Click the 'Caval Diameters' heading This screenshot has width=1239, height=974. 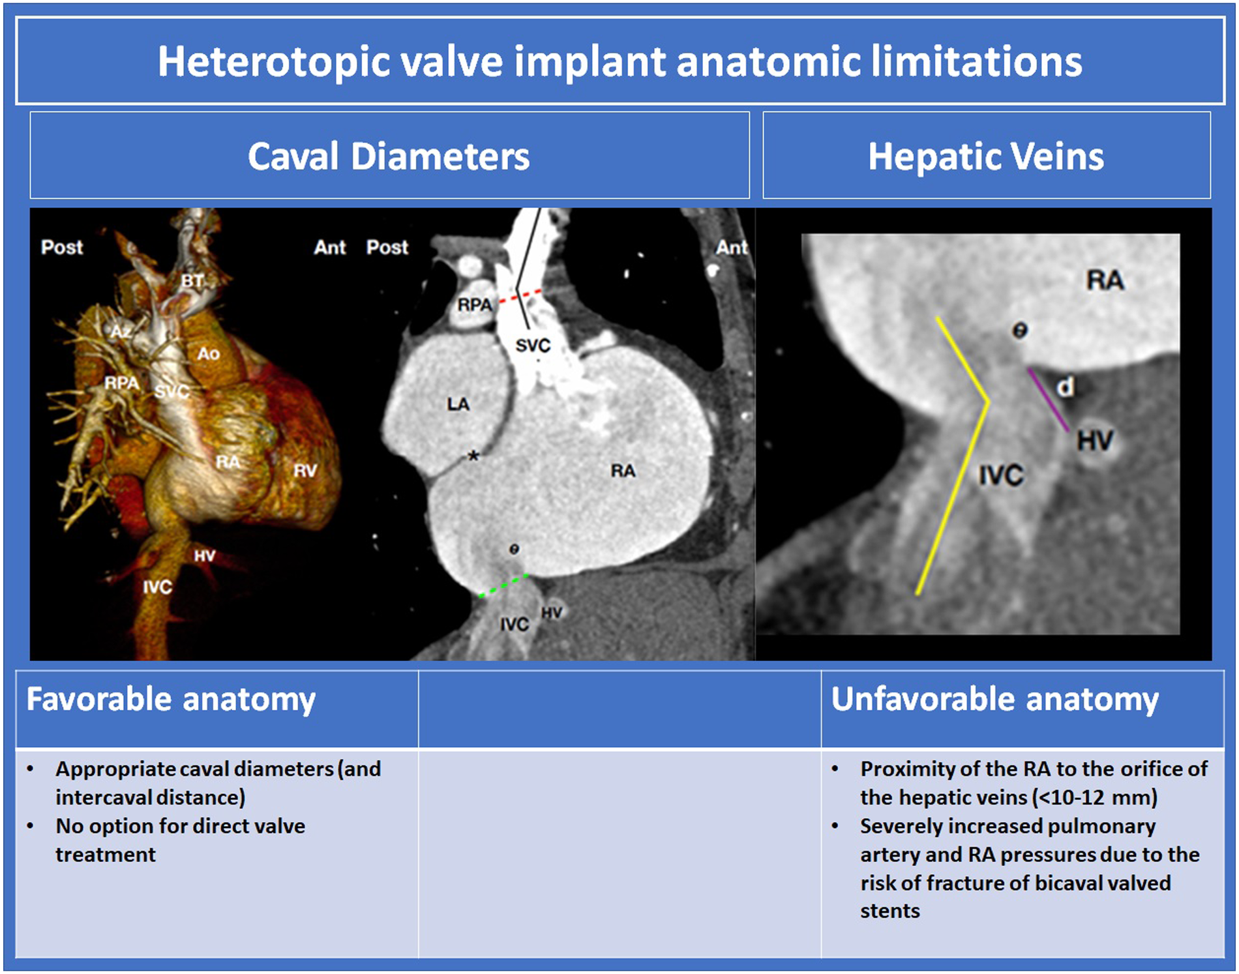pyautogui.click(x=389, y=157)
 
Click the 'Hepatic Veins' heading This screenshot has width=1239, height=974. pyautogui.click(x=986, y=157)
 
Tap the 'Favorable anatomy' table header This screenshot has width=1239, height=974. pyautogui.click(x=171, y=700)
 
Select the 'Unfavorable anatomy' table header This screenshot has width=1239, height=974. pyautogui.click(x=995, y=700)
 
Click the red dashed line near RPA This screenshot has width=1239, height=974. pyautogui.click(x=520, y=296)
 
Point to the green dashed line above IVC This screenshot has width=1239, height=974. pyautogui.click(x=503, y=585)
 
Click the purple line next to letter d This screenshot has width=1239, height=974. pyautogui.click(x=1049, y=400)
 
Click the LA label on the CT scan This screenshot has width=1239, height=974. pyautogui.click(x=458, y=404)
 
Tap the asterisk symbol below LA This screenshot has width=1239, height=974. pyautogui.click(x=473, y=456)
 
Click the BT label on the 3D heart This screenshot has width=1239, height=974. pyautogui.click(x=192, y=281)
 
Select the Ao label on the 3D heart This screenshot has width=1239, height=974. pyautogui.click(x=208, y=354)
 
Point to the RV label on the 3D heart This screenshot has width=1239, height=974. pyautogui.click(x=305, y=471)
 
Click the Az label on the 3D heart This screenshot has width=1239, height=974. pyautogui.click(x=121, y=332)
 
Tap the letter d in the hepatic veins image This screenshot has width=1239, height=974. pyautogui.click(x=1065, y=387)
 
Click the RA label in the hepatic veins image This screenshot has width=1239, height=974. pyautogui.click(x=1105, y=280)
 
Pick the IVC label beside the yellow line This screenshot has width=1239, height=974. pyautogui.click(x=1001, y=475)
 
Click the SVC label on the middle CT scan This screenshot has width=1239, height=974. pyautogui.click(x=533, y=346)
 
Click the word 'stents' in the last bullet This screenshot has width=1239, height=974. pyautogui.click(x=889, y=911)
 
